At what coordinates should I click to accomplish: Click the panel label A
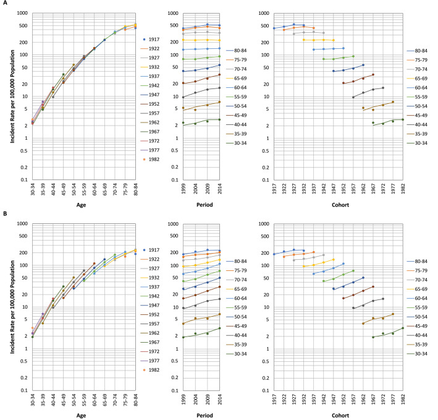point(4,4)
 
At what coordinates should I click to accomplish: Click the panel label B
point(4,215)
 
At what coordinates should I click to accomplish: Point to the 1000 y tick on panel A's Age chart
point(22,13)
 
